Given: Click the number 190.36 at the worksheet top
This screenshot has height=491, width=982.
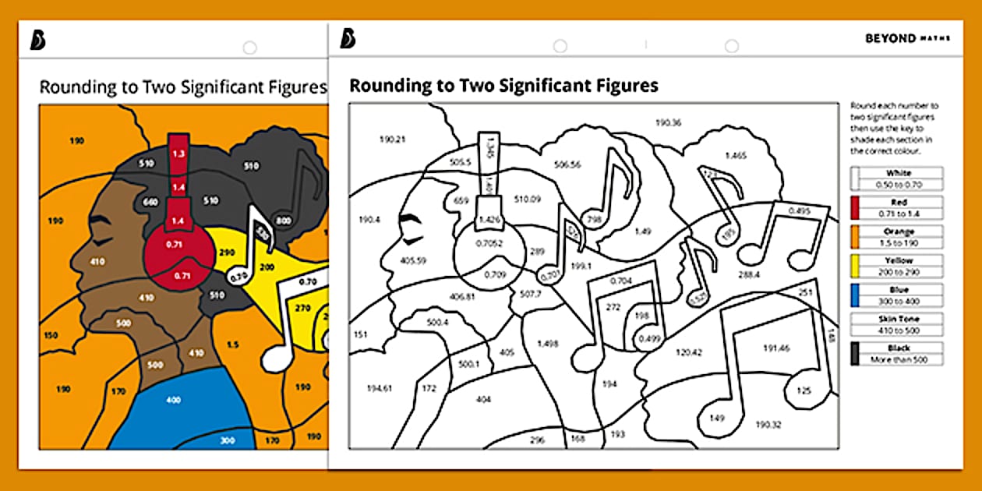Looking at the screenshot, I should point(668,122).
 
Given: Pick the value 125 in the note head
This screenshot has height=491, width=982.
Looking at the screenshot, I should point(804,390).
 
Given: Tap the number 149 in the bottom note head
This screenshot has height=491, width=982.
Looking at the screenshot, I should point(717,418).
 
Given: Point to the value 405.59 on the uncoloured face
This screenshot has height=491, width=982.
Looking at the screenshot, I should point(412,260).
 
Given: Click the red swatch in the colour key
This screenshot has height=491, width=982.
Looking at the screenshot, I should point(855,207).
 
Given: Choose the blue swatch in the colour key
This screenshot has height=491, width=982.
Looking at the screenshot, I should point(855,295).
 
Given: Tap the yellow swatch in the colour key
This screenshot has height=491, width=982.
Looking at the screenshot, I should point(855,266).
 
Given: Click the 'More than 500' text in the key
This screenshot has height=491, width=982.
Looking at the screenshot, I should point(898,359).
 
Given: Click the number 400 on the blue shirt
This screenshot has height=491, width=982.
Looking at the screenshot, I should point(173,400).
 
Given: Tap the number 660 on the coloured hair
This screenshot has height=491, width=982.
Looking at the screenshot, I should point(150,202).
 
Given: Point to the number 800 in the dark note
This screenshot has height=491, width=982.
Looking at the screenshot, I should point(284,221).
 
